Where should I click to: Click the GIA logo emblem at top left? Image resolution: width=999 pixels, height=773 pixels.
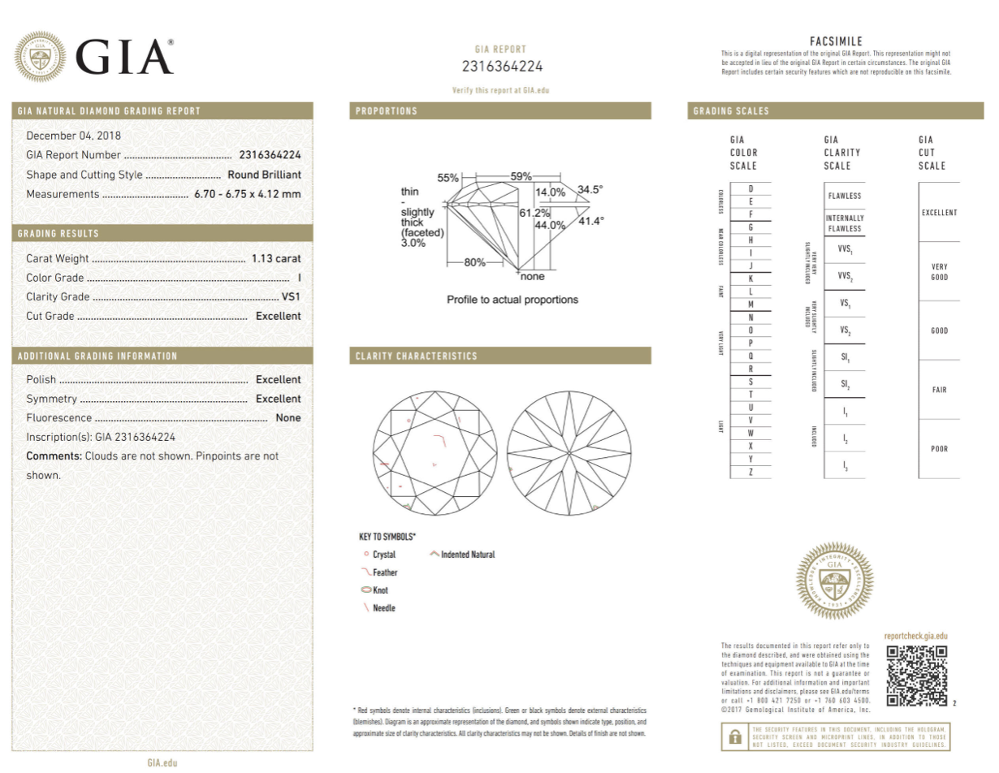[x=41, y=56]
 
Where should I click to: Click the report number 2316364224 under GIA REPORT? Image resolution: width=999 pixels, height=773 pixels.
[x=502, y=67]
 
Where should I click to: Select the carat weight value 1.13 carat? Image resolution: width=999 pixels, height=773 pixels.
[x=276, y=258]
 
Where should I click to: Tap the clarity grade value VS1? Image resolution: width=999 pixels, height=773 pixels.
[x=290, y=297]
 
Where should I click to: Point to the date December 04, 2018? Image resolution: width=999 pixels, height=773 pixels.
[x=73, y=136]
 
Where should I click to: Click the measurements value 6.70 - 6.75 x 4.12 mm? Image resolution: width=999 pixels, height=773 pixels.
[x=247, y=194]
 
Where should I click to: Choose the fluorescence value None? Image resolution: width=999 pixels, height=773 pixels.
[x=288, y=418]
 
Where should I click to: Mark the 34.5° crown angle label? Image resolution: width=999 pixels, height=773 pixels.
[x=590, y=190]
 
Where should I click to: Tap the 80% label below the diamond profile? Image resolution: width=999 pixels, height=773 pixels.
[x=474, y=262]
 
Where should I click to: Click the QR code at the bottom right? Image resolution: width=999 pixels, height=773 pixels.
[x=916, y=676]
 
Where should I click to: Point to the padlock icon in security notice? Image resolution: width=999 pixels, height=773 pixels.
[x=734, y=736]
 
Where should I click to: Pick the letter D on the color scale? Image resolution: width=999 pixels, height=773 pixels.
[x=750, y=188]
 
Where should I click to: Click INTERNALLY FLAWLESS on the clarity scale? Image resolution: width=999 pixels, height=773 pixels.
[x=845, y=223]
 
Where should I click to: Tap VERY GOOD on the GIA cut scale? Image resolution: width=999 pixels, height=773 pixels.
[x=939, y=272]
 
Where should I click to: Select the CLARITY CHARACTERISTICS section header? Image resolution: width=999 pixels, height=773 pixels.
[x=416, y=356]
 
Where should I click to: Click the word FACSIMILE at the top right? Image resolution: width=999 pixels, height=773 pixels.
[x=836, y=41]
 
